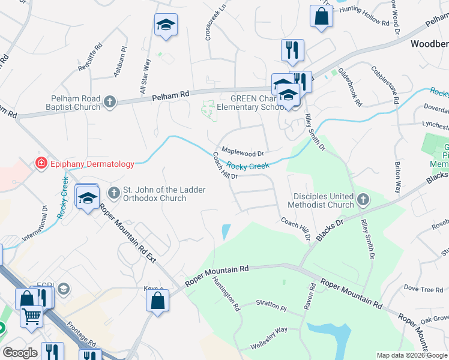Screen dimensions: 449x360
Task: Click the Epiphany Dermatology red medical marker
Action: pos(41,163)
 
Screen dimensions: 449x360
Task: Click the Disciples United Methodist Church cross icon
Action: pos(362,200)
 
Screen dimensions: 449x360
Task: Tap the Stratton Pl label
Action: pos(271,305)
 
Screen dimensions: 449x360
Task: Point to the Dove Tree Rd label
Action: pos(423,289)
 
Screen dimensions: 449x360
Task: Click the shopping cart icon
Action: pos(31,315)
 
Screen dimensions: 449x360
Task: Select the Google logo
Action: pos(20,353)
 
